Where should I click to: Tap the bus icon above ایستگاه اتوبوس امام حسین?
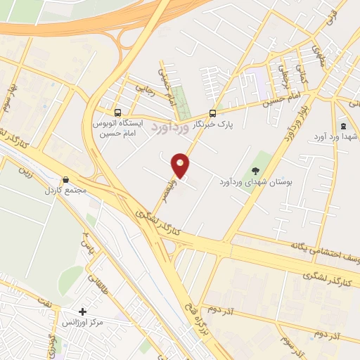click(x=118, y=112)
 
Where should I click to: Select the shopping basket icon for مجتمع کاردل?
click(x=66, y=180)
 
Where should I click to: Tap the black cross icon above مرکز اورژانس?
click(x=83, y=311)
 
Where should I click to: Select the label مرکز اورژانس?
click(x=83, y=322)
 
